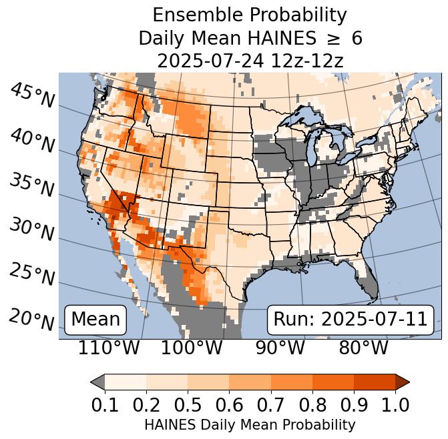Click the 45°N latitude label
click(32, 95)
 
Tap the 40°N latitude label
click(32, 139)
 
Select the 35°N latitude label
click(32, 185)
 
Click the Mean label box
click(95, 320)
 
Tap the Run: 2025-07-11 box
click(350, 320)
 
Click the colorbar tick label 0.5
click(188, 404)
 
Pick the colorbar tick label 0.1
click(105, 404)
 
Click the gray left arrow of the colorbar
click(97, 382)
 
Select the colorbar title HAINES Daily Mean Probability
click(250, 424)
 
